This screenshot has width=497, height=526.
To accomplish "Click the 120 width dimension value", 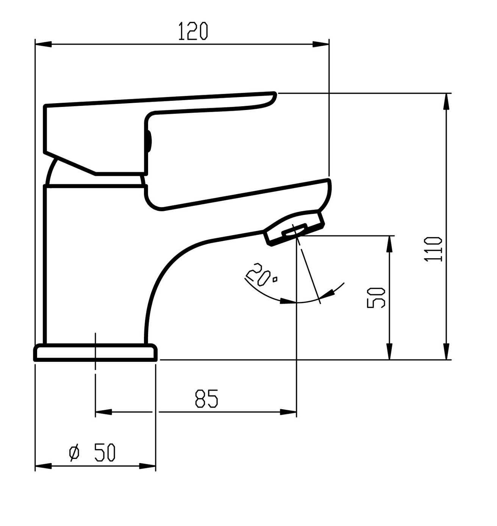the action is click(192, 31).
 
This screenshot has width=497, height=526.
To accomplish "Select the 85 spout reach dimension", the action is click(206, 398).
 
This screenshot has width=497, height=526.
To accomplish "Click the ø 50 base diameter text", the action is click(92, 452).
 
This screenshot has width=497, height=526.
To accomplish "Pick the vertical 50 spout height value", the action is click(376, 298).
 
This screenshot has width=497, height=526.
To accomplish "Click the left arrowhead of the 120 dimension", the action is click(43, 44).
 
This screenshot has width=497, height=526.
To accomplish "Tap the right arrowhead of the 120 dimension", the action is click(320, 44).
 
